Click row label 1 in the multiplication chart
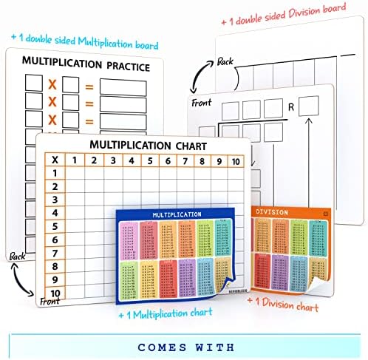coord(53,173)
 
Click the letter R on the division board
coord(291,106)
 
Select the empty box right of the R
coord(309,106)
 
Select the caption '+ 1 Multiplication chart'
coord(166,313)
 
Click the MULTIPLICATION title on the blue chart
coord(177,214)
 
